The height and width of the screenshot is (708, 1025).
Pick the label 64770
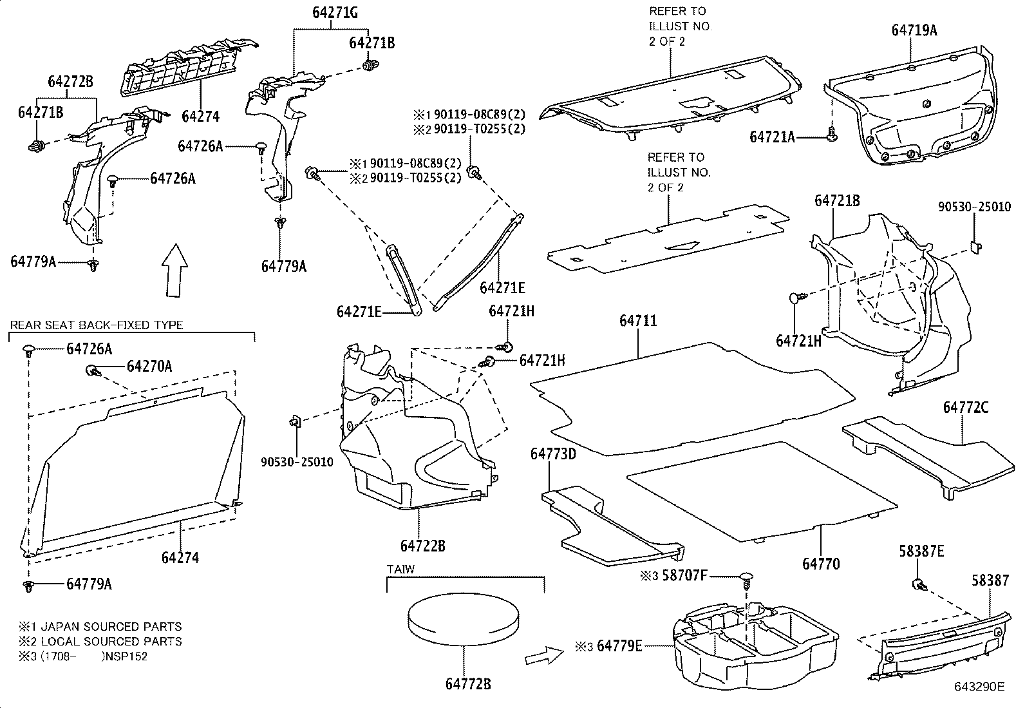(x=821, y=564)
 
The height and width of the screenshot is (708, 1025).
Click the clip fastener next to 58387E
(x=919, y=585)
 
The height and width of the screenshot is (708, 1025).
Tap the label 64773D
(x=553, y=454)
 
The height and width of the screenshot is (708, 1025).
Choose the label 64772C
(x=966, y=407)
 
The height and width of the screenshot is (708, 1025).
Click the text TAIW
(x=400, y=569)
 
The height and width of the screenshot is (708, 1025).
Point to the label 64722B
(x=422, y=546)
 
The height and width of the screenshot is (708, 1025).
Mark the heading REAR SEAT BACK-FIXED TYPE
(x=97, y=325)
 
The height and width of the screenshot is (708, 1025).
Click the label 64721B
(x=837, y=200)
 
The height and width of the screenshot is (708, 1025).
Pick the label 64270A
(x=149, y=366)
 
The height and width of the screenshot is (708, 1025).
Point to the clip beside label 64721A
(x=831, y=135)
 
